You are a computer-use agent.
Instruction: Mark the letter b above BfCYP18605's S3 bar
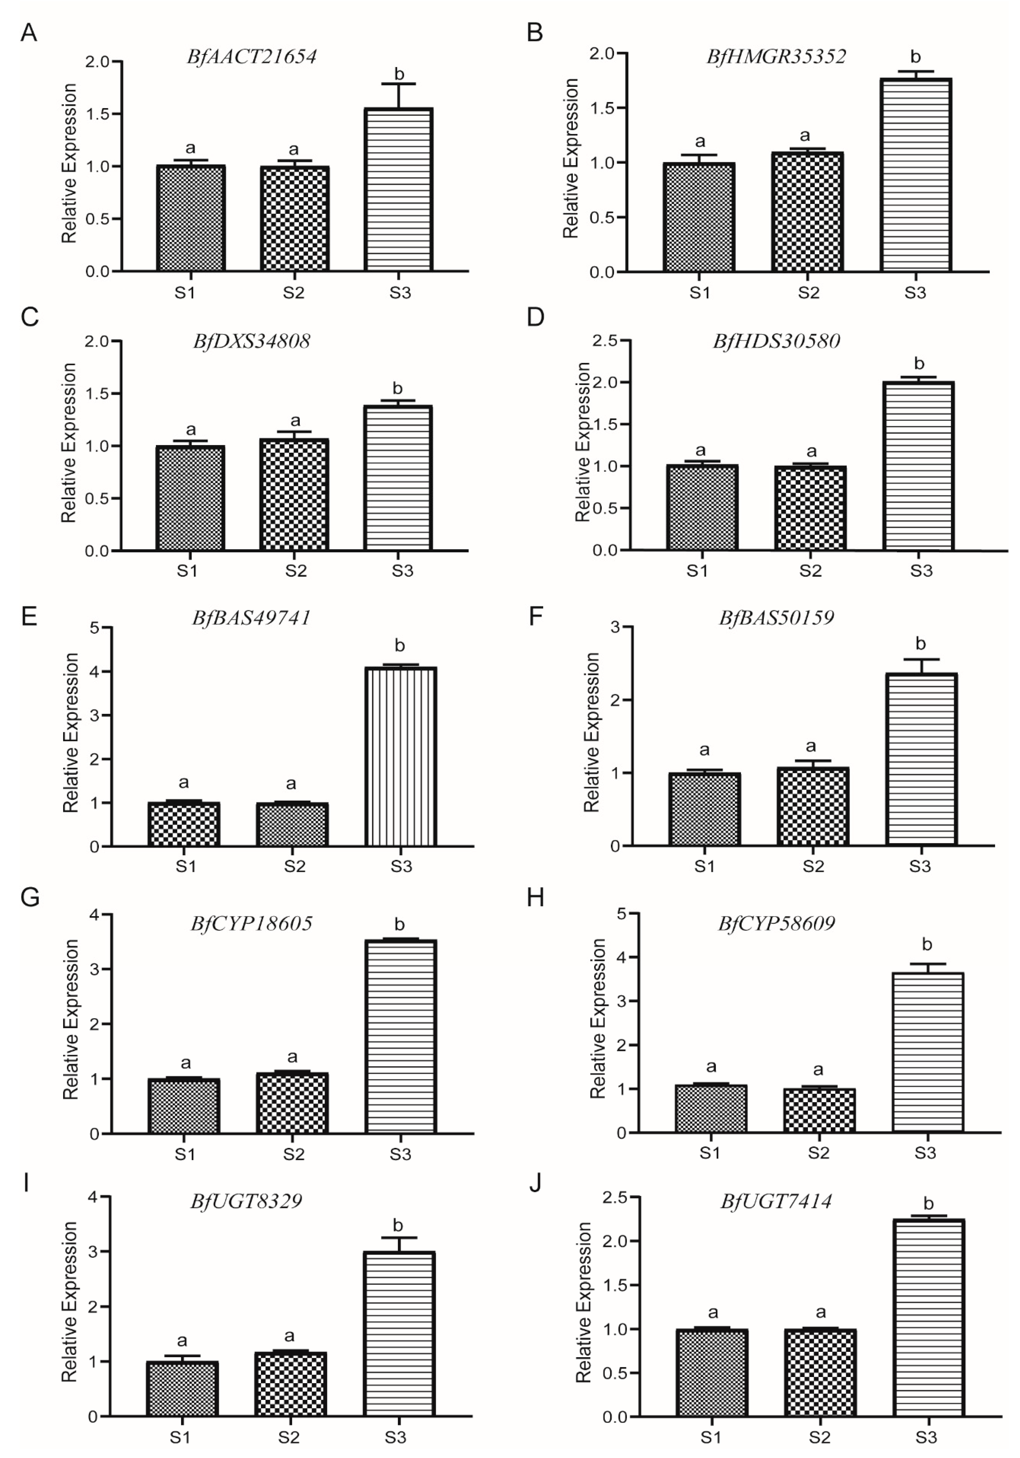click(x=399, y=925)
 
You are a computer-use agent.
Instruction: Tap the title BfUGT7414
click(x=776, y=1201)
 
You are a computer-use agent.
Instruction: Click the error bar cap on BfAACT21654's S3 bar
click(x=399, y=84)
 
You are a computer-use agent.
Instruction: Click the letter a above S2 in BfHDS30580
click(x=811, y=452)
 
